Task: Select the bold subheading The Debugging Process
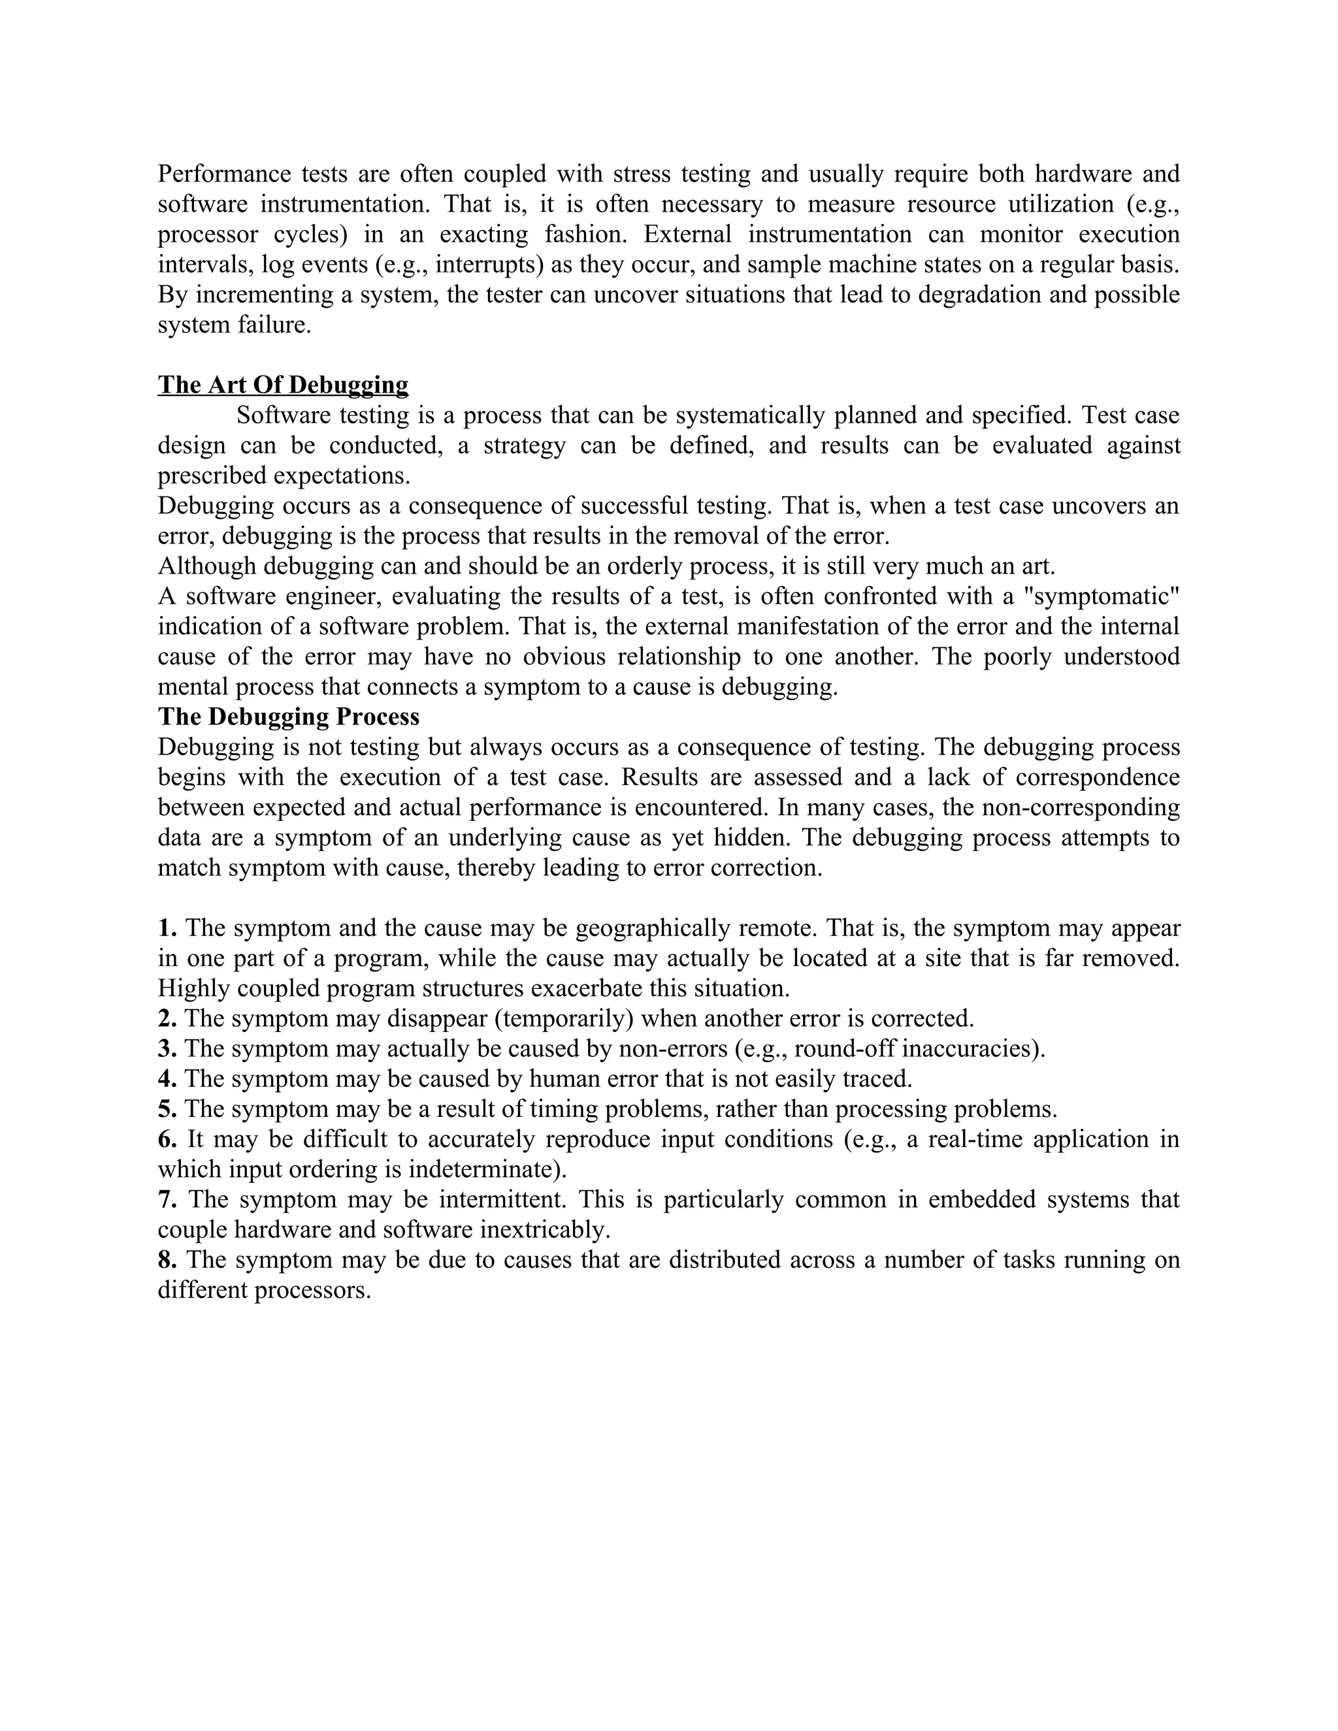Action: (x=289, y=717)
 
